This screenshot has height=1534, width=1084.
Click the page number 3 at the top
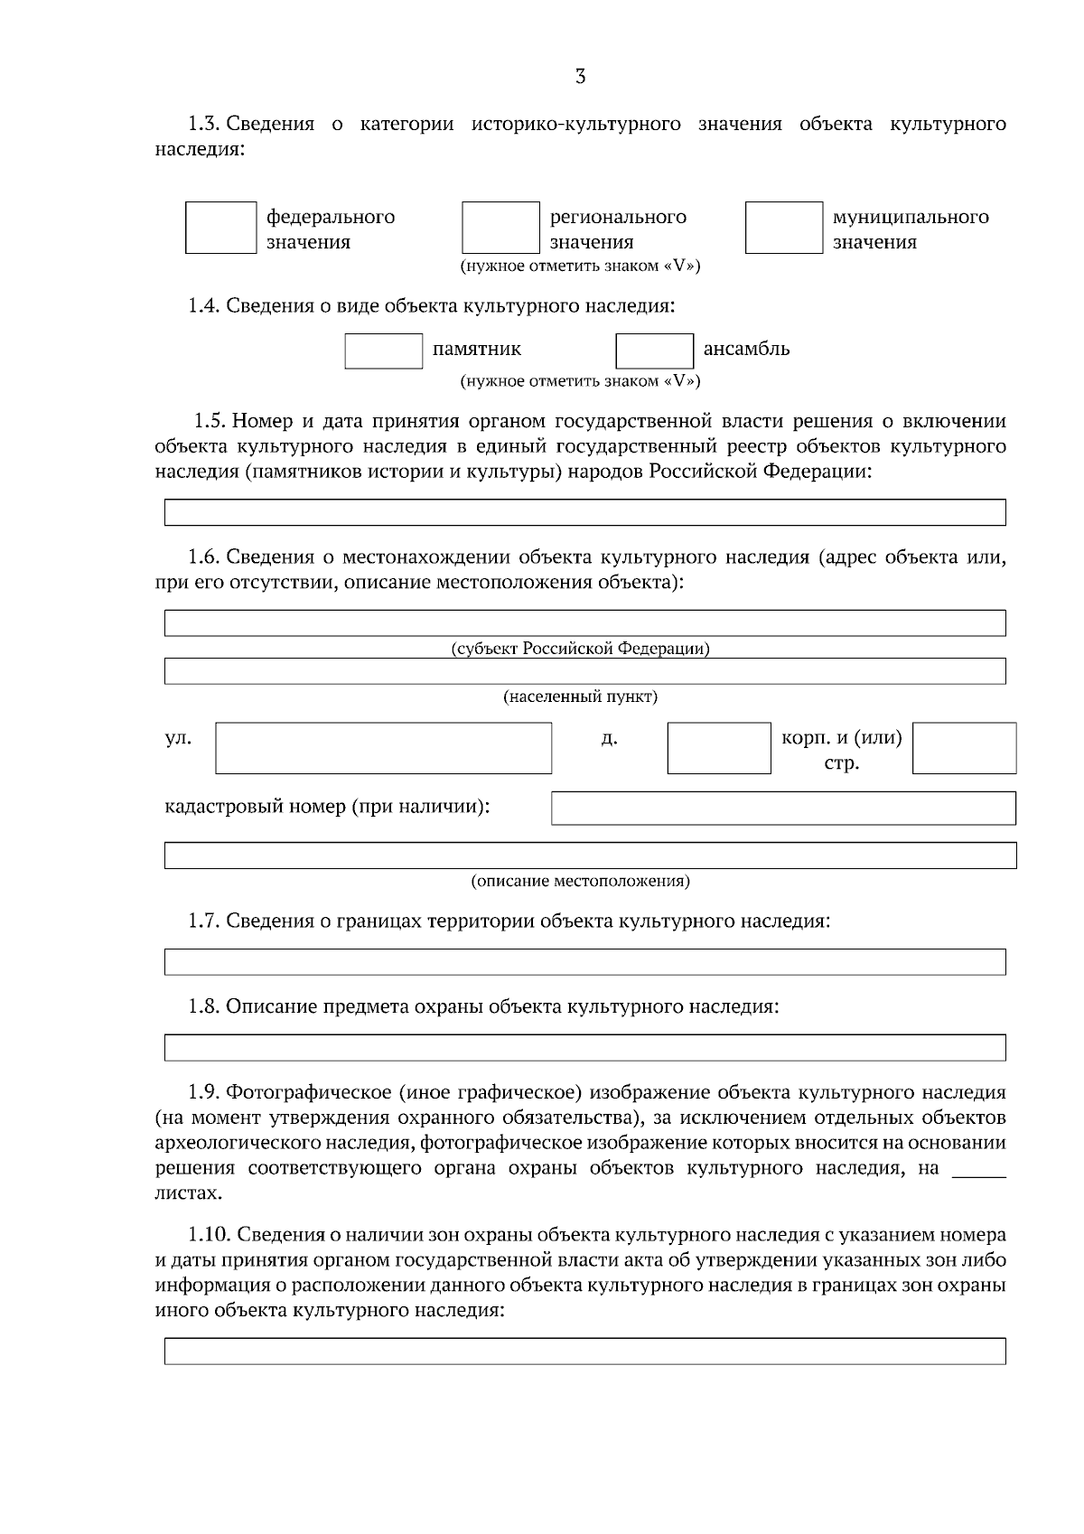pyautogui.click(x=580, y=77)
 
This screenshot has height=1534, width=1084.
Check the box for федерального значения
pyautogui.click(x=221, y=228)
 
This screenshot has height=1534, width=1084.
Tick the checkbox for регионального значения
pyautogui.click(x=500, y=228)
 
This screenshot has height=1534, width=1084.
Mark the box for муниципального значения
pyautogui.click(x=783, y=228)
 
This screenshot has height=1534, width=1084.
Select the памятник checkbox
pyautogui.click(x=383, y=351)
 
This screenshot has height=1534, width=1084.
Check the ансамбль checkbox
pyautogui.click(x=654, y=351)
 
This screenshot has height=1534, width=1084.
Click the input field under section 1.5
pyautogui.click(x=584, y=512)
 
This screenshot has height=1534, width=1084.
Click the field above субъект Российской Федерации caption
pyautogui.click(x=584, y=622)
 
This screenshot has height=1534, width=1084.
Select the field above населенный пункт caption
pyautogui.click(x=584, y=670)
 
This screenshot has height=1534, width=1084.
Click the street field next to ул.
pyautogui.click(x=383, y=747)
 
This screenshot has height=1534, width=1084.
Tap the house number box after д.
pyautogui.click(x=719, y=747)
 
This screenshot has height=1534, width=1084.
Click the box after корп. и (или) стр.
pyautogui.click(x=964, y=747)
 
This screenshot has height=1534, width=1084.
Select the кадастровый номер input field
pyautogui.click(x=783, y=808)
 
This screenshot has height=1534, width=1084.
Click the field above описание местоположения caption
pyautogui.click(x=590, y=855)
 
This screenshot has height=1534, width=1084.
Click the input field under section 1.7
pyautogui.click(x=584, y=961)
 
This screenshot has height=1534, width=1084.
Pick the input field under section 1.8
pyautogui.click(x=584, y=1047)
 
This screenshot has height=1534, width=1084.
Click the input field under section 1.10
pyautogui.click(x=584, y=1351)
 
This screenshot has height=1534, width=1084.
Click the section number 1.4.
pyautogui.click(x=203, y=306)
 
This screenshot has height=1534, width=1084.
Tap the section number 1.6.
pyautogui.click(x=203, y=557)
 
